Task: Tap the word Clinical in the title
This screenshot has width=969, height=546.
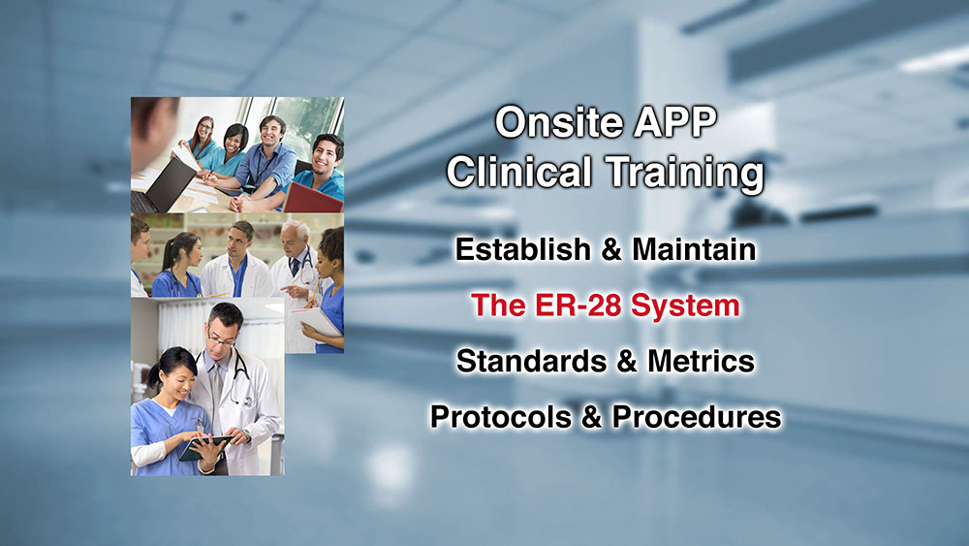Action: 519,172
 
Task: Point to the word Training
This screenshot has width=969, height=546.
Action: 685,174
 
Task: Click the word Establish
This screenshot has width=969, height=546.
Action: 523,249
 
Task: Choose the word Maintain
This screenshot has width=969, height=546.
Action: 694,249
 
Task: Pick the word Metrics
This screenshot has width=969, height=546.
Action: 701,361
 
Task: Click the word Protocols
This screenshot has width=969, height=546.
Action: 501,417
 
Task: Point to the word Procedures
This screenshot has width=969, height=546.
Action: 697,417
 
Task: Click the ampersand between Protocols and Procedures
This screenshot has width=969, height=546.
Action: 591,417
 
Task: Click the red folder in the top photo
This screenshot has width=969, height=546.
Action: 313,199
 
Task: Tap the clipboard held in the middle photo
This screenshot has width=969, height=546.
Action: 317,322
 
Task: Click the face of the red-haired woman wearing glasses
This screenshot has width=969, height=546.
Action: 203,131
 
